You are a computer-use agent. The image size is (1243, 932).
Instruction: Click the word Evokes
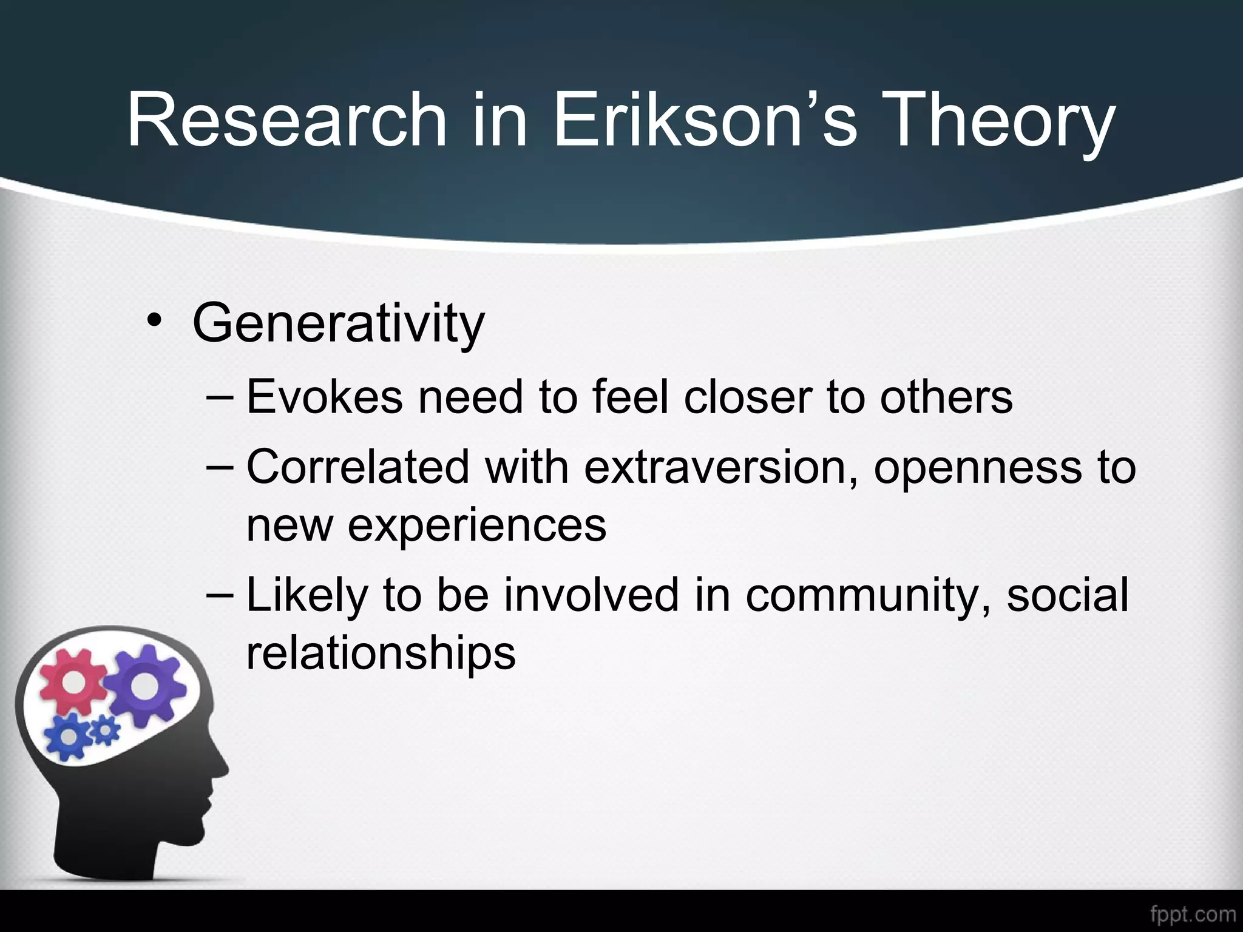[325, 397]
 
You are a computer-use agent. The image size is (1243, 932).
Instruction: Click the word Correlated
[358, 467]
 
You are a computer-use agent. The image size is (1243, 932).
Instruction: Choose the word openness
[978, 468]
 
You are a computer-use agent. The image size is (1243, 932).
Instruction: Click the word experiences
[476, 525]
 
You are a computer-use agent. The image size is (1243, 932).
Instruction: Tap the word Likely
[307, 596]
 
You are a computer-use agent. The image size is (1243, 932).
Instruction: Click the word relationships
[381, 653]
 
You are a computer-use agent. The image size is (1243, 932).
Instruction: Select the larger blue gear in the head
[70, 736]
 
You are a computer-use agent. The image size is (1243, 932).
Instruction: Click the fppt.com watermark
[1193, 914]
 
